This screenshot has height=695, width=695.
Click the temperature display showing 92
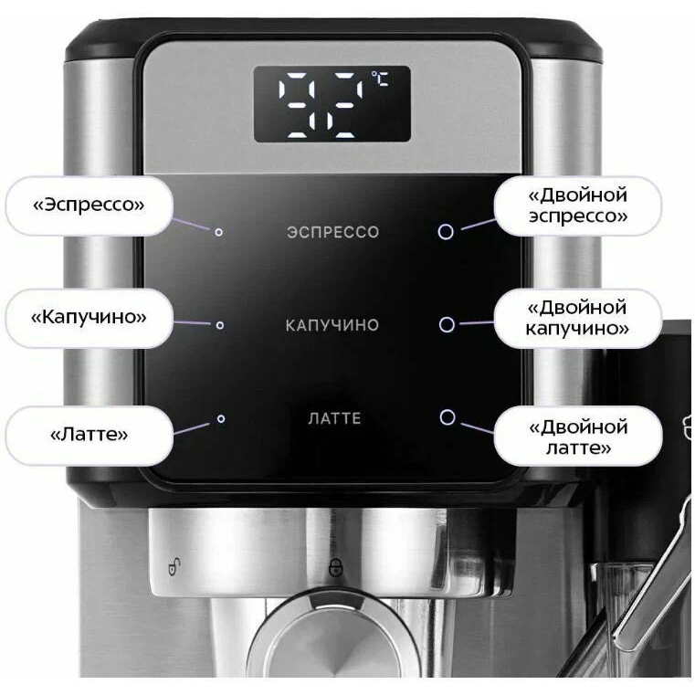[x=332, y=104]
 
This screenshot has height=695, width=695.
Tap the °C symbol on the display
[x=380, y=79]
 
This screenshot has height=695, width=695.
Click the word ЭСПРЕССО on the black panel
[x=332, y=232]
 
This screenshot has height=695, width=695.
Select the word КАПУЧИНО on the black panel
[x=332, y=325]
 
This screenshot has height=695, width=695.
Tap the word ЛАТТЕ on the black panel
[x=334, y=418]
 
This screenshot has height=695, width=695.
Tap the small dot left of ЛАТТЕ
[x=221, y=418]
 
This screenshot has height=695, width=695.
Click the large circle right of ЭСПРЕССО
[x=446, y=231]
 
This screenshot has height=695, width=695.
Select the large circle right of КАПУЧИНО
[x=447, y=324]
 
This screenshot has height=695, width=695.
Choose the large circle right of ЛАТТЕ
[x=448, y=417]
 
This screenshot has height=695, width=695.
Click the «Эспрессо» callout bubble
[x=89, y=205]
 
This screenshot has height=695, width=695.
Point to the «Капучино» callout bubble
[x=89, y=318]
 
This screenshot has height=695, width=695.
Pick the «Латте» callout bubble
[x=89, y=436]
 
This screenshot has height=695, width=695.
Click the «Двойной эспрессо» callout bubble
[x=578, y=205]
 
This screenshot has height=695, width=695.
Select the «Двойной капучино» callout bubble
[x=578, y=318]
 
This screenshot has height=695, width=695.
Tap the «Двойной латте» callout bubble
[x=578, y=436]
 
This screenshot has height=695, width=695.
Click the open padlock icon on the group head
[x=174, y=566]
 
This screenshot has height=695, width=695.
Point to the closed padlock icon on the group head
[x=335, y=567]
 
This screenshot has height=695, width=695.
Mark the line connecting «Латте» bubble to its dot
[x=191, y=428]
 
